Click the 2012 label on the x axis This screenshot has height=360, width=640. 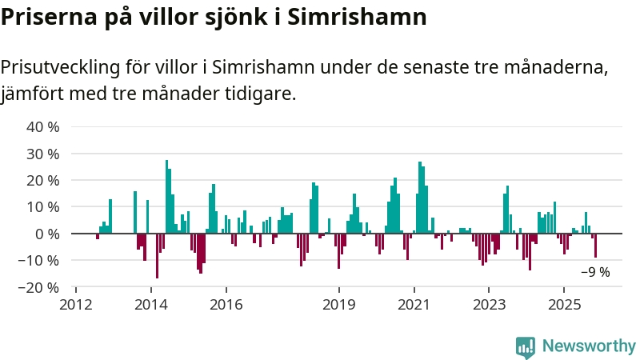(x=76, y=304)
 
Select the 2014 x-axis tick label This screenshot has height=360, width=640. (x=151, y=304)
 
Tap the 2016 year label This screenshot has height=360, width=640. (x=226, y=304)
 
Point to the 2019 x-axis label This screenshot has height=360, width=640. (x=339, y=304)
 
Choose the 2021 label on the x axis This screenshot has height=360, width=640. (x=414, y=304)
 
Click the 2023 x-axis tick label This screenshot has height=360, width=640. (x=490, y=304)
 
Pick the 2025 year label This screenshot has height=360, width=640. (x=565, y=304)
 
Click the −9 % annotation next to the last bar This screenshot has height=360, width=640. (x=595, y=272)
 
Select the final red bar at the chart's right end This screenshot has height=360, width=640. (x=595, y=246)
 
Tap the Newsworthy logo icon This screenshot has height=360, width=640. (x=526, y=346)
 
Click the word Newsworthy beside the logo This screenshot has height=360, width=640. (x=589, y=346)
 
